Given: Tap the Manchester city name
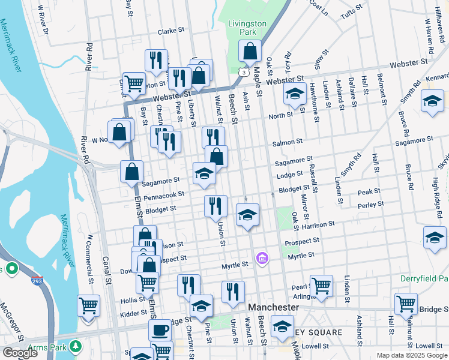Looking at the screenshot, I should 273,307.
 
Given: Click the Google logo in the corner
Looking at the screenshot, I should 20,353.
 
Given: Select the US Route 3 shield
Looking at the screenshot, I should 243,71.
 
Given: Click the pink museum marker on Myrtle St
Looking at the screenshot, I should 262,259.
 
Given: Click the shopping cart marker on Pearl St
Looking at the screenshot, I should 322,286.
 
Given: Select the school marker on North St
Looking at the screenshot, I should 294,94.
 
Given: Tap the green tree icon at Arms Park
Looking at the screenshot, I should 76,346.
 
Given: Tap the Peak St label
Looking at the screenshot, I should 369,191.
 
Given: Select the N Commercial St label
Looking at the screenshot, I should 90,259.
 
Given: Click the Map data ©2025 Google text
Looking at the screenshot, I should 411,355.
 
